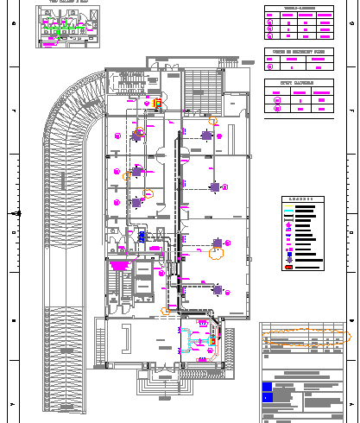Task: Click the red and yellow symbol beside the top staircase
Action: pyautogui.click(x=158, y=104)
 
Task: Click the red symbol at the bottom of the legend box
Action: pyautogui.click(x=288, y=268)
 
